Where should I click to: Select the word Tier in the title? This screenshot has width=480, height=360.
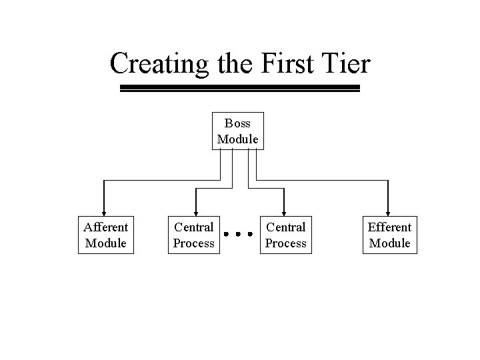345,64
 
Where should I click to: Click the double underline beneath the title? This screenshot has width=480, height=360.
239,88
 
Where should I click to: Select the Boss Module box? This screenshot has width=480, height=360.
238,131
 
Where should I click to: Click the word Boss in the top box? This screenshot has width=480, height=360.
238,123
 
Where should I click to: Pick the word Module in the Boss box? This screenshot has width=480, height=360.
238,139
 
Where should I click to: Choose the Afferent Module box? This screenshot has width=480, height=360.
106,235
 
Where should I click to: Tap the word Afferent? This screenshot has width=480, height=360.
106,227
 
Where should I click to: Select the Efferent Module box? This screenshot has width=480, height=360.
390,235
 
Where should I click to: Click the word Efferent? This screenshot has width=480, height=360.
390,227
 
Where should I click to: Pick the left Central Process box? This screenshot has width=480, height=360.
194,235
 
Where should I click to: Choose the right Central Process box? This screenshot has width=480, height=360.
286,235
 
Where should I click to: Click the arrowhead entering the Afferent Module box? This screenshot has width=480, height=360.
104,213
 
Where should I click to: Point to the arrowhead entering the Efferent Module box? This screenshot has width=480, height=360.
388,213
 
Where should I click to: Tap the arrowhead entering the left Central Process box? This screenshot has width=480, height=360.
195,213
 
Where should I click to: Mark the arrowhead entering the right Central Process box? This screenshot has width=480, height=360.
285,213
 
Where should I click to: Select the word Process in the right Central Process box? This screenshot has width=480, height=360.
286,243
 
